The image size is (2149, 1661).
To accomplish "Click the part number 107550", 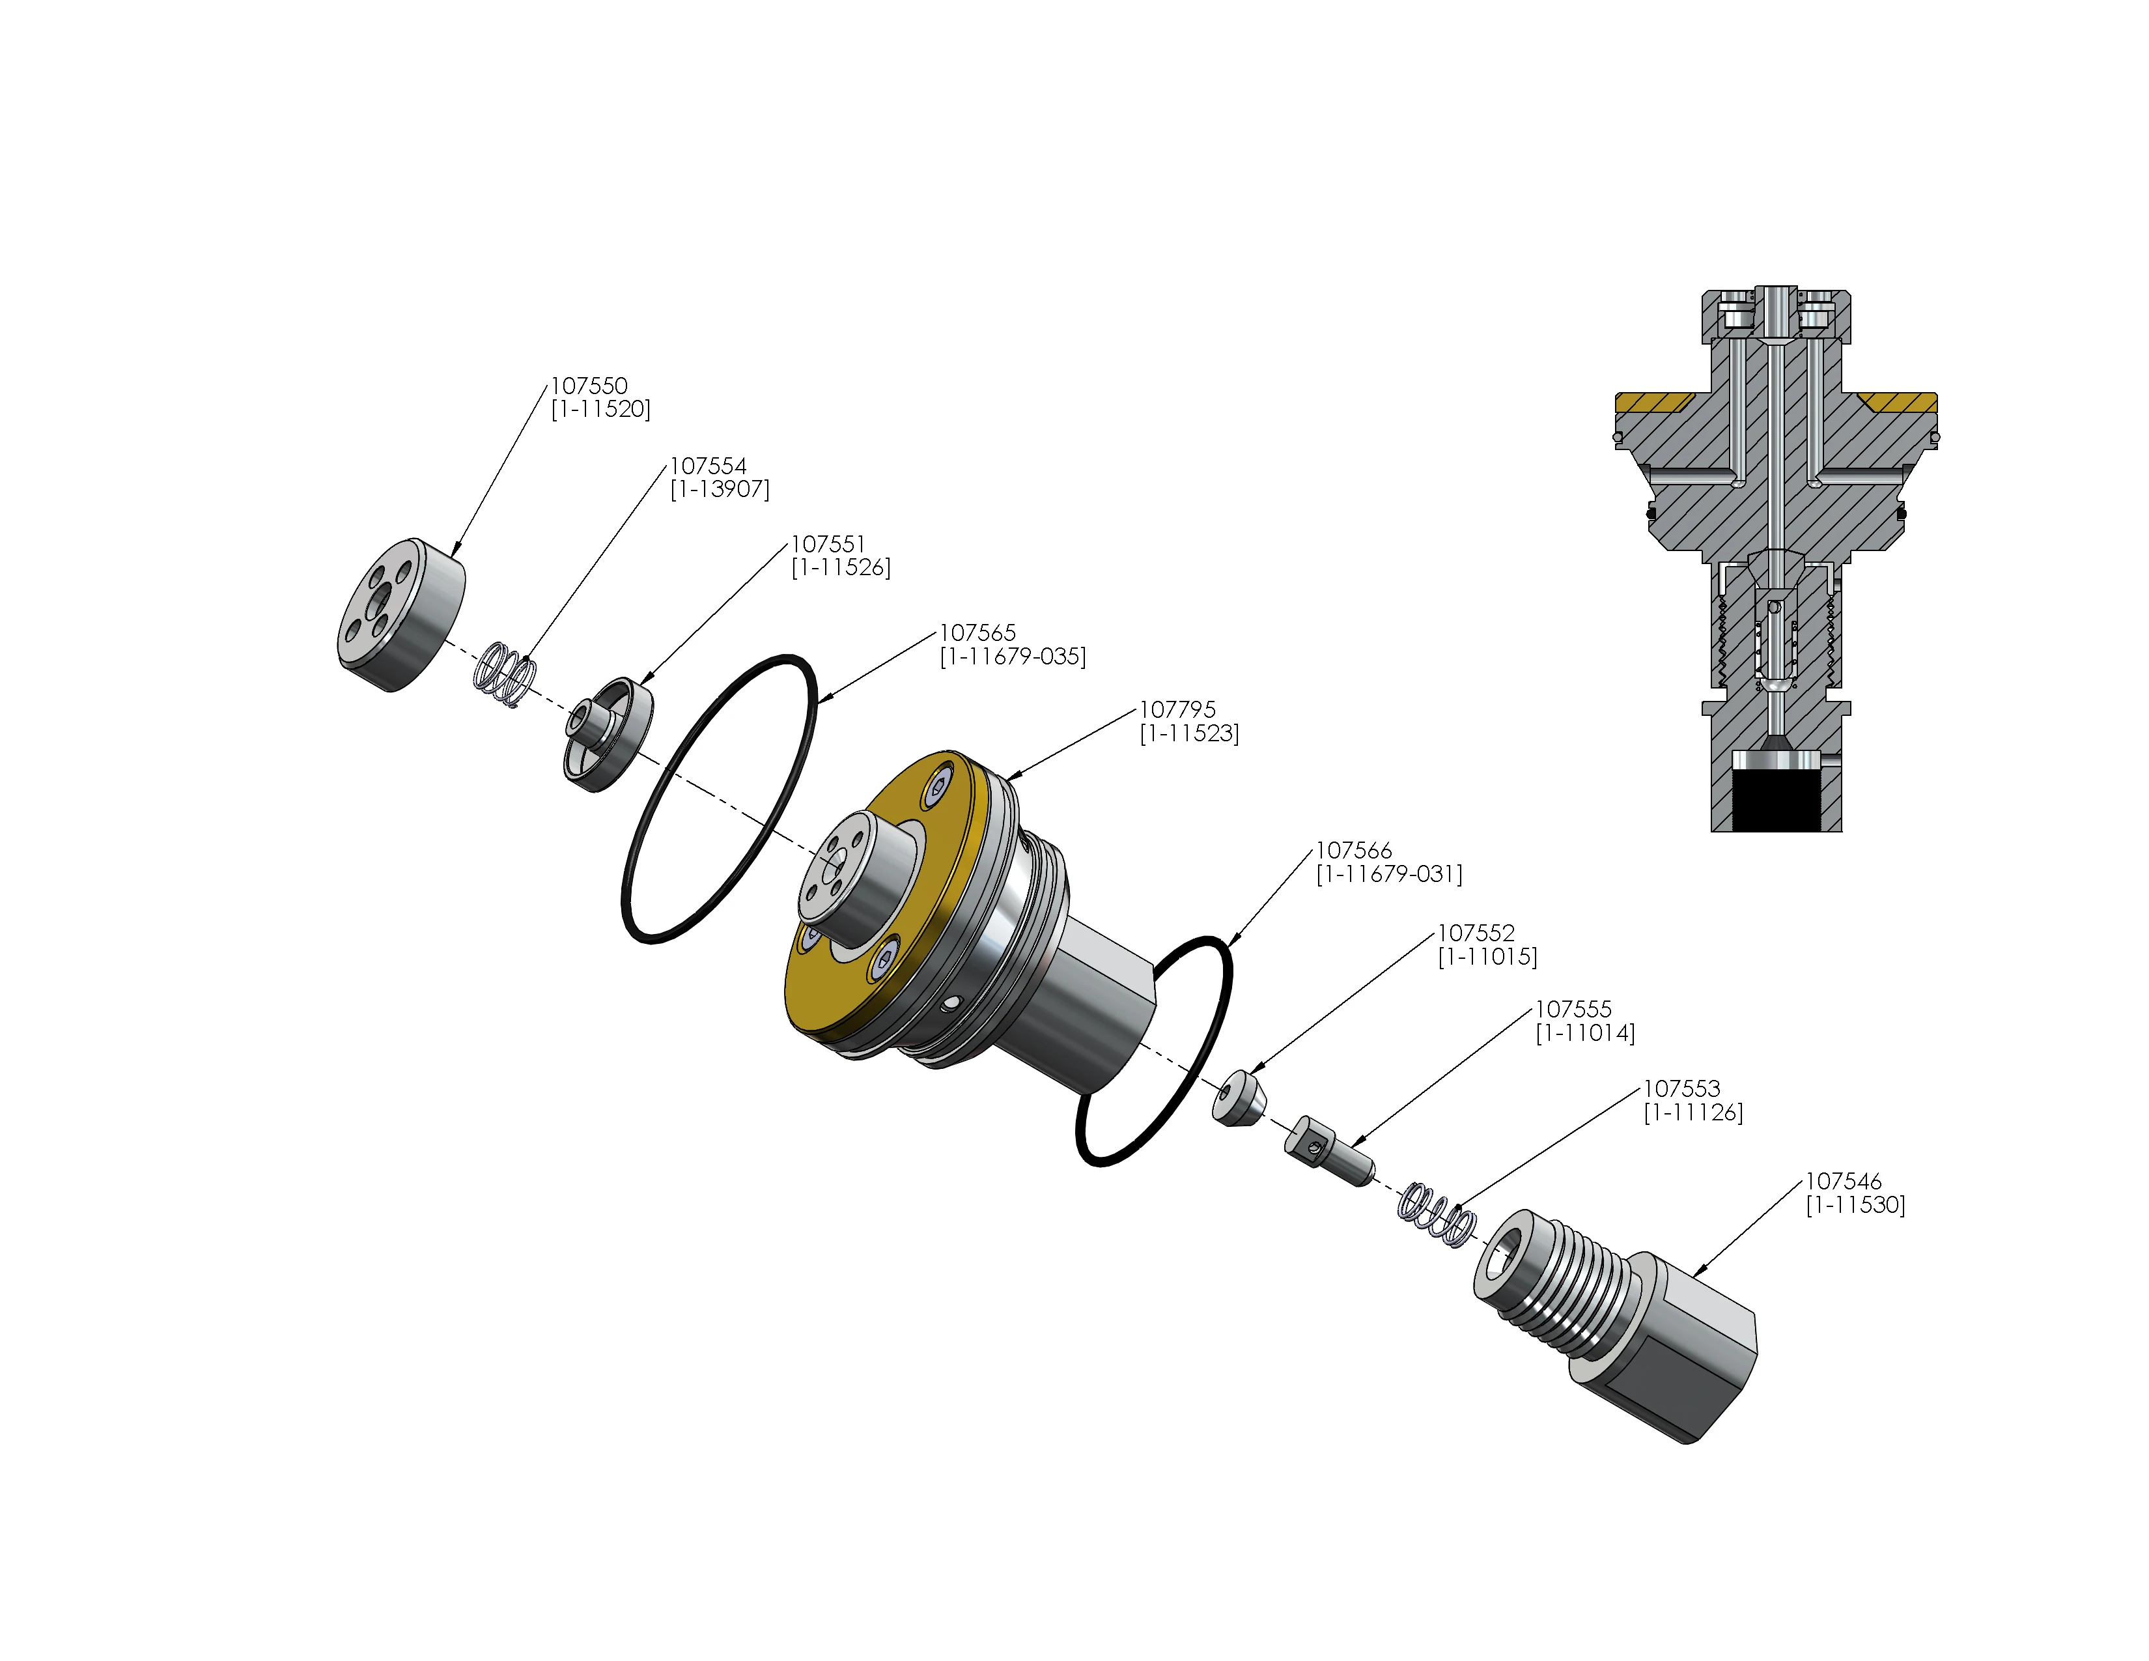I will (x=589, y=386).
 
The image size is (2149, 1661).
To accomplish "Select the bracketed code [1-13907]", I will (x=720, y=489).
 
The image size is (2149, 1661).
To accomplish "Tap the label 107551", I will (x=828, y=544).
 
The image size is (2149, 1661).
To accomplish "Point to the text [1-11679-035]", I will (x=1013, y=657).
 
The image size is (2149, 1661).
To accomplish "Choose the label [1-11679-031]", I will (x=1388, y=873).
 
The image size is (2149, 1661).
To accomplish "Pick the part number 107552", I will (x=1476, y=933).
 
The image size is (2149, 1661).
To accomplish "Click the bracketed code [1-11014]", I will (x=1584, y=1033).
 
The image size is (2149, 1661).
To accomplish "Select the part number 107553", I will (x=1681, y=1089).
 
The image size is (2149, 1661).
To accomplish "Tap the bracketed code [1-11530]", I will (x=1855, y=1206).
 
